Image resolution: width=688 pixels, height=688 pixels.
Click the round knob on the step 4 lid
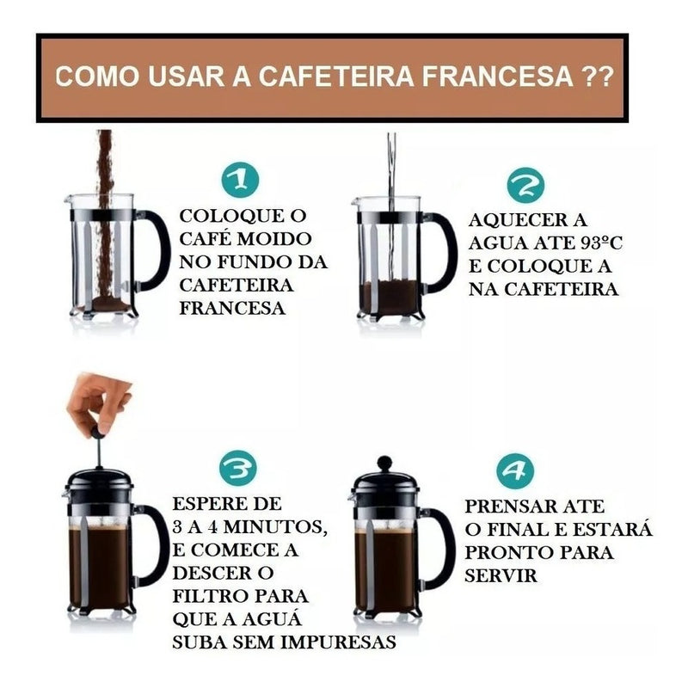point(384,464)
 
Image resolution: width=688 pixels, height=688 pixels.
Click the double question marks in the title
point(593,77)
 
